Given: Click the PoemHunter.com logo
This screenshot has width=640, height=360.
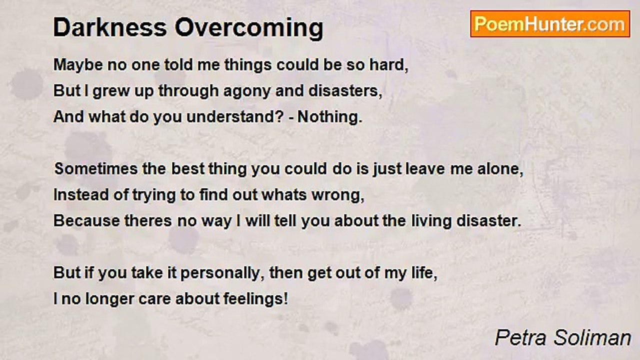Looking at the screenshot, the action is click(x=550, y=24).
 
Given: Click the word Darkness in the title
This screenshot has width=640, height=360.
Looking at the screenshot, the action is click(x=110, y=27).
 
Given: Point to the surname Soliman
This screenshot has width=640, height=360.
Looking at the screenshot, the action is click(x=592, y=337).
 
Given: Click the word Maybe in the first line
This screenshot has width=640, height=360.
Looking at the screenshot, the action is click(x=78, y=65).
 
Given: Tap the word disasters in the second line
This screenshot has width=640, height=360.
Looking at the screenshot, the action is click(x=345, y=91).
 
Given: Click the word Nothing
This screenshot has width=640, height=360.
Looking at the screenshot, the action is click(x=330, y=117).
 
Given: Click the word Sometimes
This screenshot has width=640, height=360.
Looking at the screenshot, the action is click(x=96, y=169).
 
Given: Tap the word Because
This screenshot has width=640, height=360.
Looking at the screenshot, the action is click(x=86, y=221).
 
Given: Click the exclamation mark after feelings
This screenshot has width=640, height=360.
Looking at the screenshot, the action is click(x=286, y=298).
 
